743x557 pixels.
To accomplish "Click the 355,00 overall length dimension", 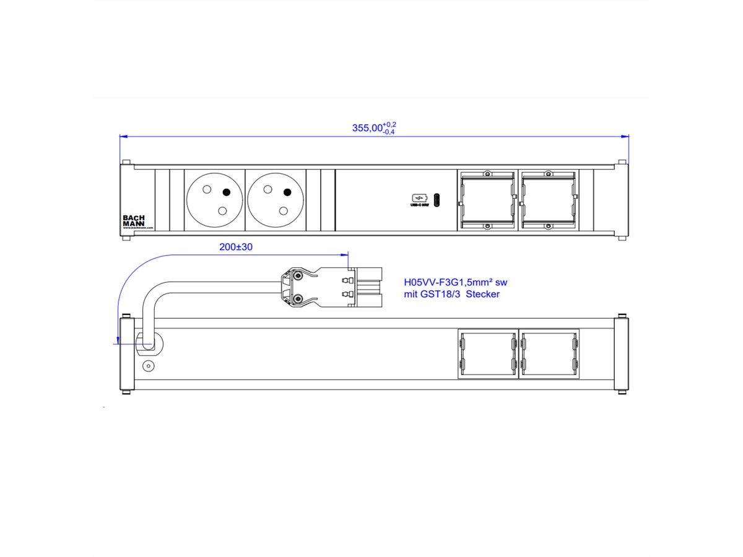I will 368,128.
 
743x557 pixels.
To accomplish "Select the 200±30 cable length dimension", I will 236,246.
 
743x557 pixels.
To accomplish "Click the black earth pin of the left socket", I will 227,192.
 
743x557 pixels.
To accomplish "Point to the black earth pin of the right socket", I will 287,192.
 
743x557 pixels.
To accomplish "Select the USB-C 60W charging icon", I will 419,199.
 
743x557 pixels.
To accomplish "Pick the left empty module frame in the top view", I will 487,200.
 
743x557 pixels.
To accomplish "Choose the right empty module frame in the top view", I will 549,200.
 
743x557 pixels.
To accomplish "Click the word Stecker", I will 483,294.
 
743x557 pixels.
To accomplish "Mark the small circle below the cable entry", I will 148,366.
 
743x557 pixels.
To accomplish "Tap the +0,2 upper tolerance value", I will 389,124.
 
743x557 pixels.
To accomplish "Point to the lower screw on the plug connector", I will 298,299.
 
